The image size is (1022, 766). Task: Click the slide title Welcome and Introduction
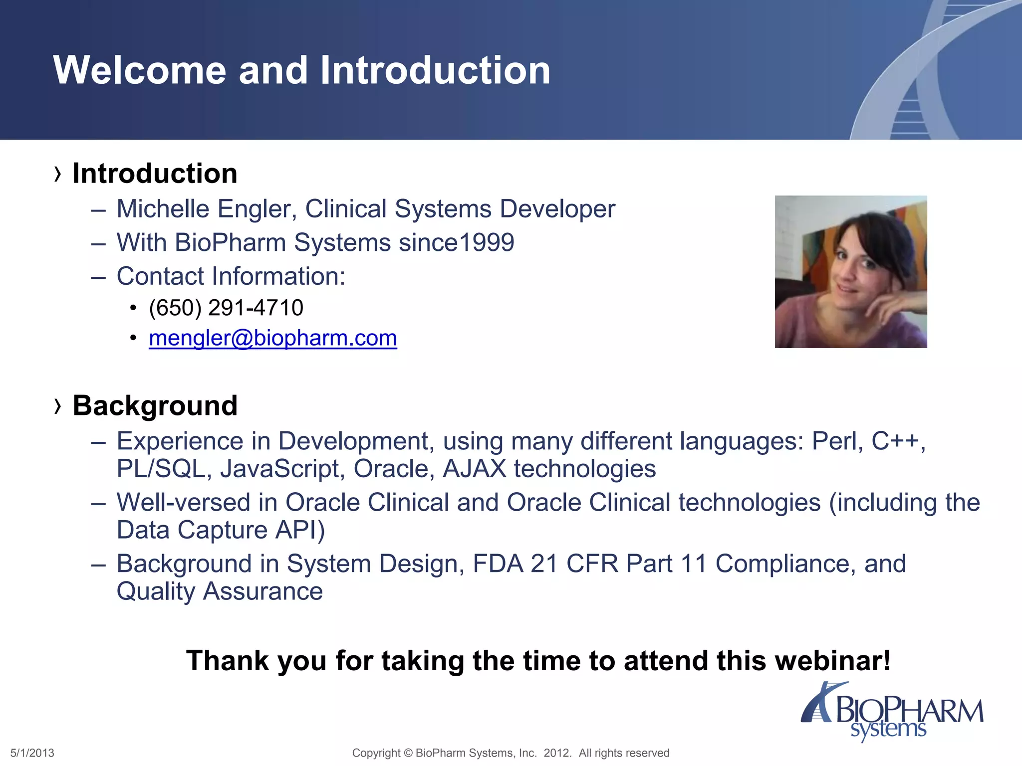pyautogui.click(x=301, y=70)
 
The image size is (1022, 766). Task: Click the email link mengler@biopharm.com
pyautogui.click(x=272, y=338)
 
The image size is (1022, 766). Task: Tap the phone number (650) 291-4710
pyautogui.click(x=226, y=308)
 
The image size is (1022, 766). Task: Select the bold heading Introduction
pyautogui.click(x=155, y=174)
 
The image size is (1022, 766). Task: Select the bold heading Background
pyautogui.click(x=155, y=405)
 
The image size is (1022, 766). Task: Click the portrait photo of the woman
pyautogui.click(x=850, y=271)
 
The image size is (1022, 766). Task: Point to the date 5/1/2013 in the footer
pyautogui.click(x=32, y=753)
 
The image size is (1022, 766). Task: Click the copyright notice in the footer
pyautogui.click(x=510, y=753)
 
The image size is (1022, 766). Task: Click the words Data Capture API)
pyautogui.click(x=221, y=530)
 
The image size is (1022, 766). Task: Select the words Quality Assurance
pyautogui.click(x=220, y=592)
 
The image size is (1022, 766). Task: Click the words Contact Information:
pyautogui.click(x=231, y=276)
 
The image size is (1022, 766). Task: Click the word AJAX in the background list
pyautogui.click(x=474, y=469)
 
